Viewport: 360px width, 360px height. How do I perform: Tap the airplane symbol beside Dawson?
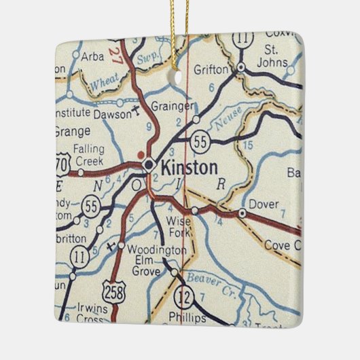pos(139,108)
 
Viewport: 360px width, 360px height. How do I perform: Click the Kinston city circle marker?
pos(149,164)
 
